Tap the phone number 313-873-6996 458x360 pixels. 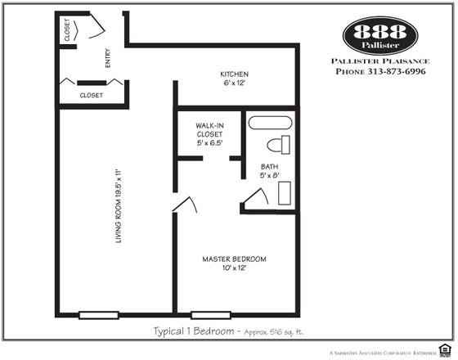pos(392,71)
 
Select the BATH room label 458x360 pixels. pos(269,166)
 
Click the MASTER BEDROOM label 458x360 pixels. pos(234,259)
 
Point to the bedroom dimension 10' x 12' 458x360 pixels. pos(234,269)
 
